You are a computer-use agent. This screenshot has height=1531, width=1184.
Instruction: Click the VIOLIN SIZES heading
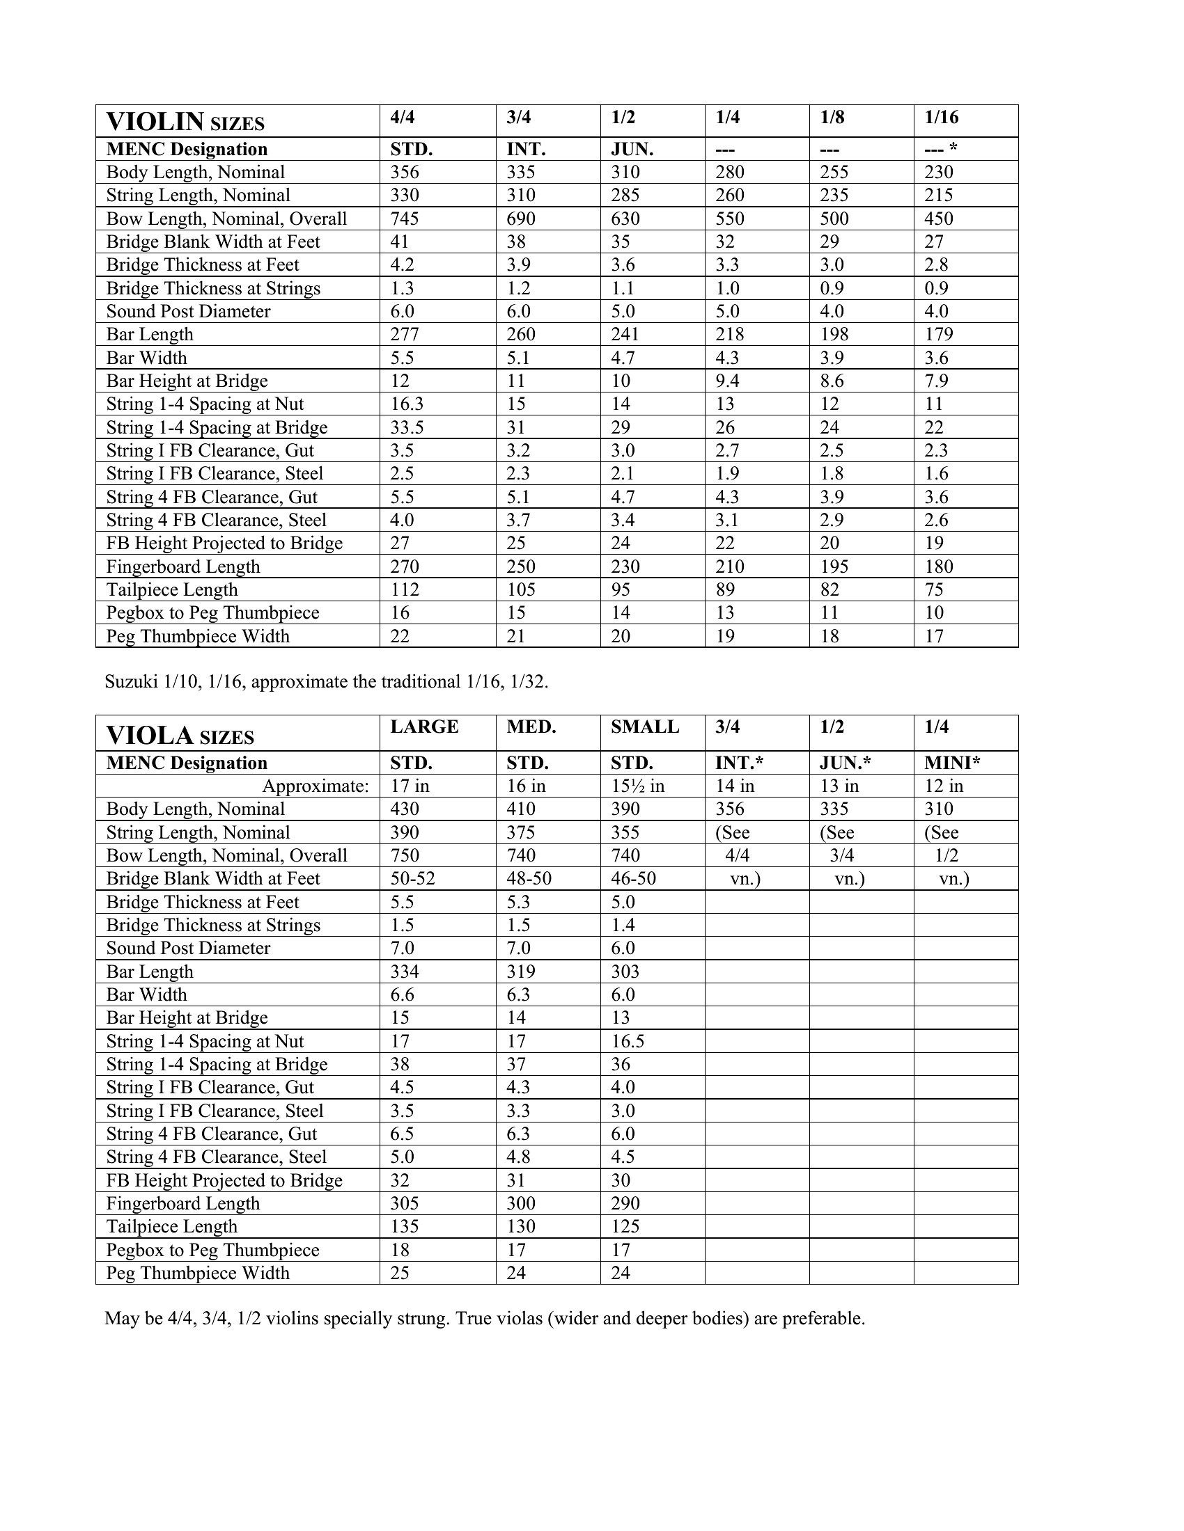point(185,122)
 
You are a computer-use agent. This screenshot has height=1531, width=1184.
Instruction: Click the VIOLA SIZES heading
point(180,736)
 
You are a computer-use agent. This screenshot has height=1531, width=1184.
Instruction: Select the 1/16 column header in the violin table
point(941,117)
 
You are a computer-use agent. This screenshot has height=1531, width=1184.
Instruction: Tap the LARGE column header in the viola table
point(423,727)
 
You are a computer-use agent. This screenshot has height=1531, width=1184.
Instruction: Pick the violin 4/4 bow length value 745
point(405,219)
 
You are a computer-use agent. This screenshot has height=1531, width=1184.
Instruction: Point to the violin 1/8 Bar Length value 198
point(834,334)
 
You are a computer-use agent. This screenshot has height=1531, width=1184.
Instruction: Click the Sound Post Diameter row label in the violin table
point(188,311)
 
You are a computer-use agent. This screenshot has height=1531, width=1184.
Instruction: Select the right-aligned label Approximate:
point(315,786)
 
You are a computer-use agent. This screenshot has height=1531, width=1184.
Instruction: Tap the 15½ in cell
point(637,786)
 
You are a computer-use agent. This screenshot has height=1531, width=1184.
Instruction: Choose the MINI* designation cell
point(952,763)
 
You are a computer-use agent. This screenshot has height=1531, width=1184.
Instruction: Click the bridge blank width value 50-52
point(412,878)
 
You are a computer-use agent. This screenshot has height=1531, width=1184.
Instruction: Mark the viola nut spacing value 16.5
point(627,1041)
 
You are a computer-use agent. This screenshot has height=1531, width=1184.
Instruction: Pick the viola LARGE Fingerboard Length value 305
point(405,1204)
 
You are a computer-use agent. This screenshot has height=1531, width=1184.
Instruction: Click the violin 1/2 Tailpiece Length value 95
point(621,589)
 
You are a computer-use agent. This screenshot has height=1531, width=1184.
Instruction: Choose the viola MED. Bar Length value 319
point(520,971)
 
